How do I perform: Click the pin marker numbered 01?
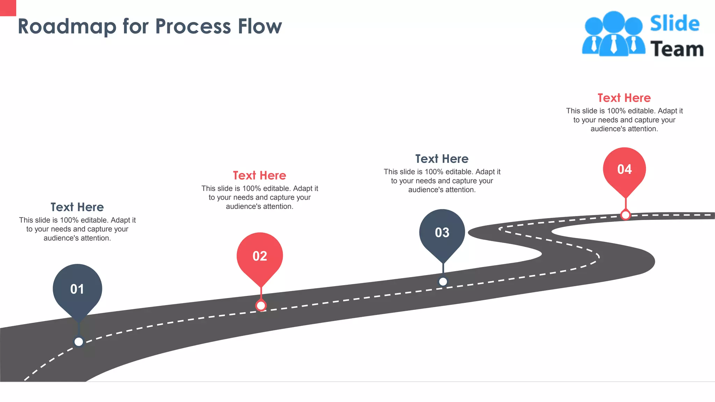pyautogui.click(x=77, y=289)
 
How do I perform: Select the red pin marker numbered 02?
pyautogui.click(x=260, y=256)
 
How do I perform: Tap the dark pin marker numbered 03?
pyautogui.click(x=442, y=232)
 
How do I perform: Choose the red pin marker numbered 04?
pyautogui.click(x=624, y=170)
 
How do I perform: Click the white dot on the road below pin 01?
pyautogui.click(x=79, y=342)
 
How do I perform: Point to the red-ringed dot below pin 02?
pyautogui.click(x=261, y=306)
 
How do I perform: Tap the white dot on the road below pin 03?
pyautogui.click(x=443, y=281)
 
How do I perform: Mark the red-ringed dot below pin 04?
pyautogui.click(x=625, y=215)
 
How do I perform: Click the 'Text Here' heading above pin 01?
pyautogui.click(x=77, y=207)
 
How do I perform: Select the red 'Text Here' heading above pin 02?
pyautogui.click(x=259, y=176)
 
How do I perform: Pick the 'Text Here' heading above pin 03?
pyautogui.click(x=442, y=159)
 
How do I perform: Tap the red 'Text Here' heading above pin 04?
pyautogui.click(x=624, y=98)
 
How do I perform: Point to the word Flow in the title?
pyautogui.click(x=260, y=27)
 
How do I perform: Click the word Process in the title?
pyautogui.click(x=193, y=27)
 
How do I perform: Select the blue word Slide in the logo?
pyautogui.click(x=675, y=24)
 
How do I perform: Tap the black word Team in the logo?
pyautogui.click(x=677, y=49)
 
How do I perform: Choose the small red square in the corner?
pyautogui.click(x=8, y=8)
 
